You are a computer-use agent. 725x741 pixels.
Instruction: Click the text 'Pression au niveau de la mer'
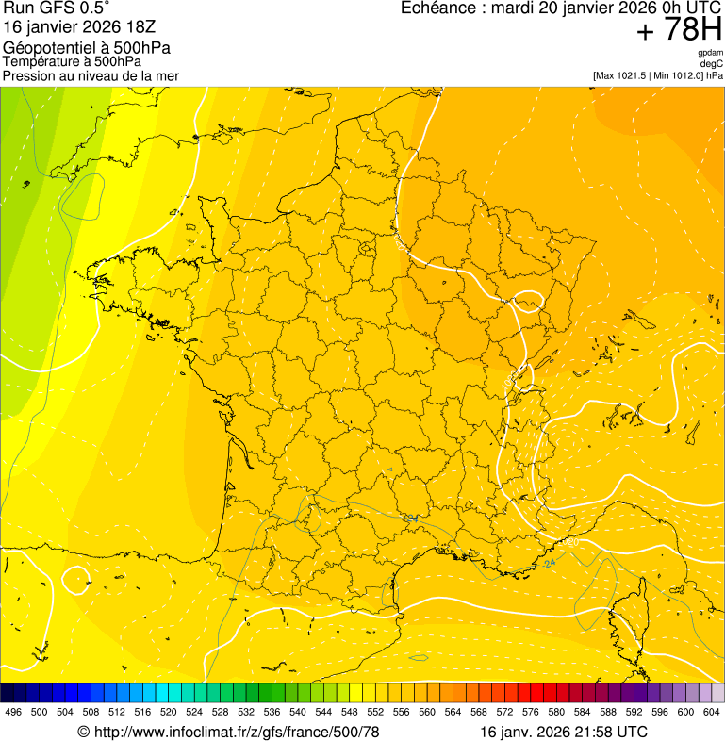[91, 75]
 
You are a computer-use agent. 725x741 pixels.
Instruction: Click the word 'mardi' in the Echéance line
[514, 8]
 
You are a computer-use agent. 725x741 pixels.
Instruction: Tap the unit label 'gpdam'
[710, 53]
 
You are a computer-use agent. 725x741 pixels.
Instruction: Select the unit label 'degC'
[712, 64]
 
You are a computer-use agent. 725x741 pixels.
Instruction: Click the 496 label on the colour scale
[13, 713]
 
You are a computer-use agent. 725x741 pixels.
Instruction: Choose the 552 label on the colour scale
[375, 713]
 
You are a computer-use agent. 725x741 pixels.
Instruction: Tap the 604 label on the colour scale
[712, 713]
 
